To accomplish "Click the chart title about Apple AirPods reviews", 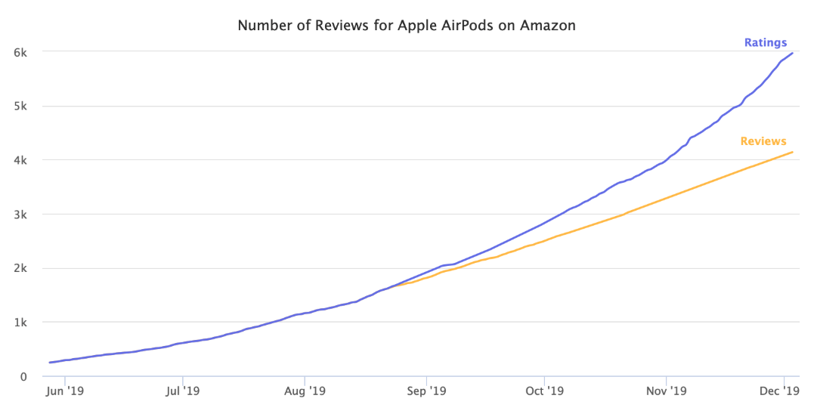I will tap(407, 26).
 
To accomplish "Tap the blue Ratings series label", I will tap(766, 43).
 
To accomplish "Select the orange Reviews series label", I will tap(763, 141).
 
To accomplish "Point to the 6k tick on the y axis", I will tap(20, 52).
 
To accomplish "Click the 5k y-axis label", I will tap(20, 107).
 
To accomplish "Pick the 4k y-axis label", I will tap(20, 160).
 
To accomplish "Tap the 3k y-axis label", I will tap(20, 215).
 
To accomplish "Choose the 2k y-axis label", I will tap(20, 268).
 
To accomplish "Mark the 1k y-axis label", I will tap(20, 323).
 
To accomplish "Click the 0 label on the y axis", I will tap(24, 376).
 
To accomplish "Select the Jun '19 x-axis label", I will tap(65, 391).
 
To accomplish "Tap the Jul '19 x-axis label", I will tap(182, 391).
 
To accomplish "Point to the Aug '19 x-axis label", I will tap(305, 391).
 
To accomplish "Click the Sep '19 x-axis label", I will tap(426, 391).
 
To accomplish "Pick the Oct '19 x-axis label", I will tap(544, 391).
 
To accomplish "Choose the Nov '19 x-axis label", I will tap(667, 391).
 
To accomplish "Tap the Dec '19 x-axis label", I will tap(779, 391).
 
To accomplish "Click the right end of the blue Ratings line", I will tap(793, 53).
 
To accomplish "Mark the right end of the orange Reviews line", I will tap(793, 152).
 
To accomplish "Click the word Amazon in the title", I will tap(547, 26).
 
